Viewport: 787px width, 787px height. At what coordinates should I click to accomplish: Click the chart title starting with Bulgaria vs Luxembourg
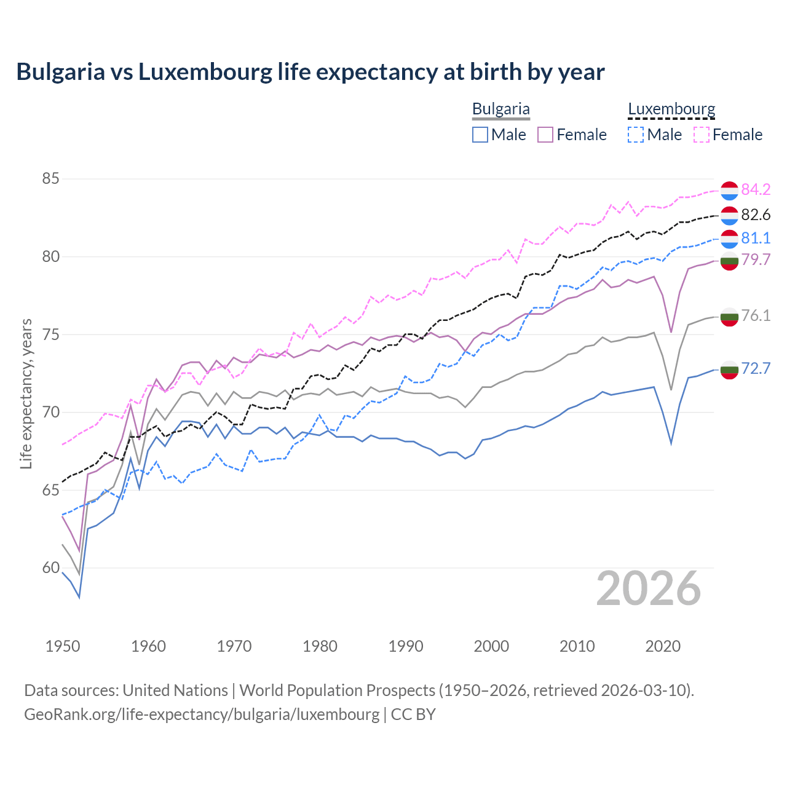[x=310, y=72]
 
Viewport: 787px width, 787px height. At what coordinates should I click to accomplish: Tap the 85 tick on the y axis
[x=50, y=179]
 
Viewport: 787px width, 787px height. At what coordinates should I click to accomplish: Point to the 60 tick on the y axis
[x=50, y=568]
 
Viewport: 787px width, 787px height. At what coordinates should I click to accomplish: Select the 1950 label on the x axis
[x=63, y=646]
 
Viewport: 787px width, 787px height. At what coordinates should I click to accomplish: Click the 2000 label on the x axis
[x=491, y=646]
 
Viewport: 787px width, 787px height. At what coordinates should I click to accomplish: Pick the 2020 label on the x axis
[x=662, y=646]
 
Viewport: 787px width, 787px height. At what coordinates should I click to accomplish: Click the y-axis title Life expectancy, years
[x=26, y=393]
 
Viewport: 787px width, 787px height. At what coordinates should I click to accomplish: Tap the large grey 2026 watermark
[x=649, y=588]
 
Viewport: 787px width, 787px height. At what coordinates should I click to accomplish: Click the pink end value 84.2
[x=756, y=189]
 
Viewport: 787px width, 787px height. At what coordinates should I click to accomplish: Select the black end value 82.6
[x=756, y=215]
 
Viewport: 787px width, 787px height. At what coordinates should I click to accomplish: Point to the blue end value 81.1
[x=756, y=238]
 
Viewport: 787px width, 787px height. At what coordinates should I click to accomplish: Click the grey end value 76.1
[x=756, y=315]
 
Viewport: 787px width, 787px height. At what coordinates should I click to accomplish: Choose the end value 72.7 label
[x=756, y=368]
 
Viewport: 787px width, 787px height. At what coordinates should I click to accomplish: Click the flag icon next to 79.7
[x=729, y=261]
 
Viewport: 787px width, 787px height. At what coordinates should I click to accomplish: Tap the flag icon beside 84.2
[x=729, y=191]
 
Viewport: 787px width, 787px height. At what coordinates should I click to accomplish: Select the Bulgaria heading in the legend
[x=500, y=109]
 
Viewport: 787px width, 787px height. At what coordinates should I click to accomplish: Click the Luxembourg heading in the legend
[x=671, y=109]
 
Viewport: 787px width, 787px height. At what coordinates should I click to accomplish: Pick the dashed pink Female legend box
[x=702, y=135]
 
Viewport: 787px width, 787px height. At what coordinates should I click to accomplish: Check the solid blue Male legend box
[x=480, y=135]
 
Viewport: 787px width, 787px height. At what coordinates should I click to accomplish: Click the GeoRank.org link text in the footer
[x=202, y=714]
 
